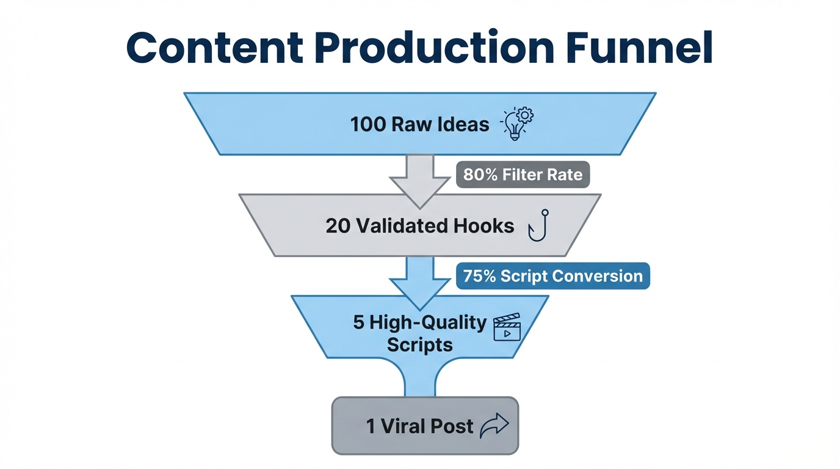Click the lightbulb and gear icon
click(516, 124)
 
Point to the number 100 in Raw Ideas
click(368, 125)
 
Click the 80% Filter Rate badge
click(523, 175)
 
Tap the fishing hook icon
click(539, 226)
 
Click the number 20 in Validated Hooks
click(338, 226)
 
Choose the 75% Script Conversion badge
click(552, 276)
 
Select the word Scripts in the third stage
click(419, 344)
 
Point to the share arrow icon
click(494, 426)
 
